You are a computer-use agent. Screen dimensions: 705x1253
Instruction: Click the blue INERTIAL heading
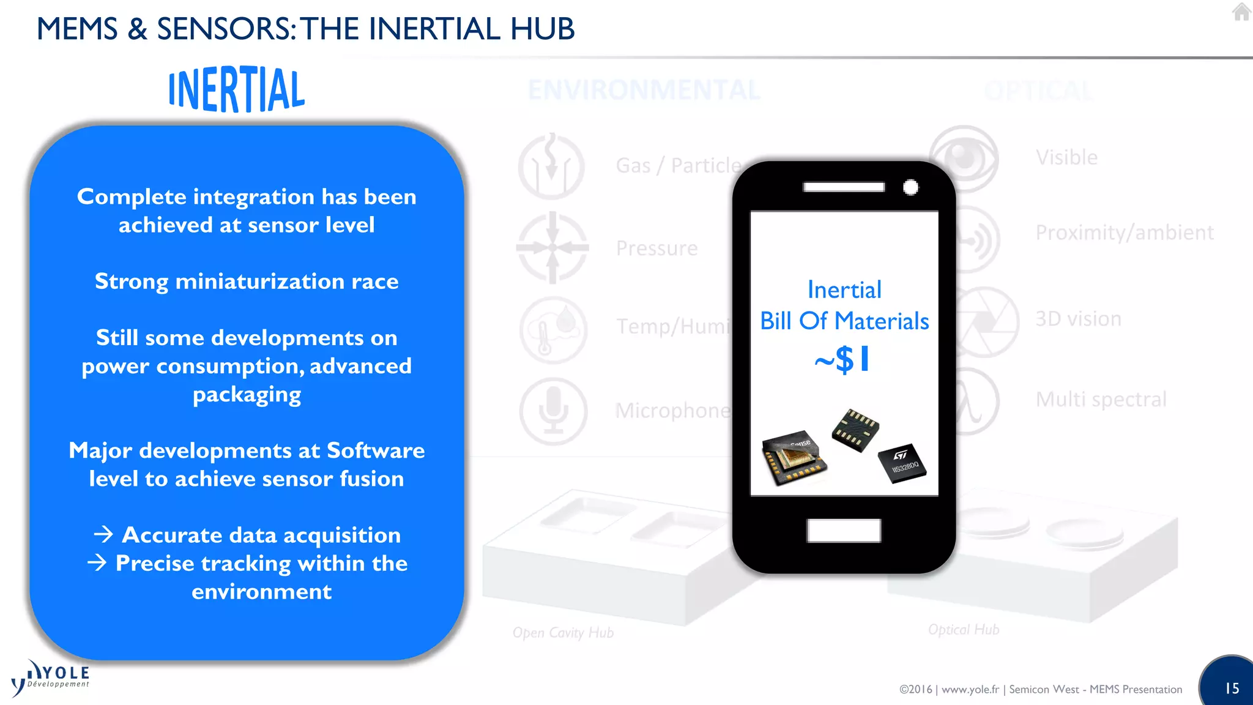coord(236,89)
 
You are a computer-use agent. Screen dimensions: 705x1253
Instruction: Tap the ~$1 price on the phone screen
coord(842,359)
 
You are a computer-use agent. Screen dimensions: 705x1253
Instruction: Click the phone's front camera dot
coord(910,187)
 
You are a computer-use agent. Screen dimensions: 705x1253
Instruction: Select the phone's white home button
coord(844,530)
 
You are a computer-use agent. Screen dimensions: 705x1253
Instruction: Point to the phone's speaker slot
coord(844,187)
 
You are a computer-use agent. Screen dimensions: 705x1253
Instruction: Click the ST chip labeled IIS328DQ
coord(902,463)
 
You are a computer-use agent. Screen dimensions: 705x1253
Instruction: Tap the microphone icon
coord(553,411)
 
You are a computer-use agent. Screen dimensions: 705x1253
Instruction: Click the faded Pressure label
coord(656,248)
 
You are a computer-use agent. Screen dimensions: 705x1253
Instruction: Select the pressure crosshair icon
coord(552,248)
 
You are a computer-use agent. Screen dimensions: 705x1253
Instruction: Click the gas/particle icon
coord(551,166)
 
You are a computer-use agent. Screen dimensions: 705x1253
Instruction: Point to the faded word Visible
coord(1066,157)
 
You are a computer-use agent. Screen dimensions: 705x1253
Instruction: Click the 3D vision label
coord(1078,319)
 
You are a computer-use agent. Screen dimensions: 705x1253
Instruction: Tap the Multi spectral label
coord(1101,400)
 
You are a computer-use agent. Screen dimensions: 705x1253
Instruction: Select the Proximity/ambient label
coord(1124,233)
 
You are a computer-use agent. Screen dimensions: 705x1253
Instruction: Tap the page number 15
coord(1232,688)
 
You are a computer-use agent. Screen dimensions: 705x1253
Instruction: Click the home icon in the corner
coord(1241,12)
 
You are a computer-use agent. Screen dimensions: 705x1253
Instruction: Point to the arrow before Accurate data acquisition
coord(103,534)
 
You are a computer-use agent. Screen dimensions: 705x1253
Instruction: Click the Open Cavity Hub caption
coord(563,633)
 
